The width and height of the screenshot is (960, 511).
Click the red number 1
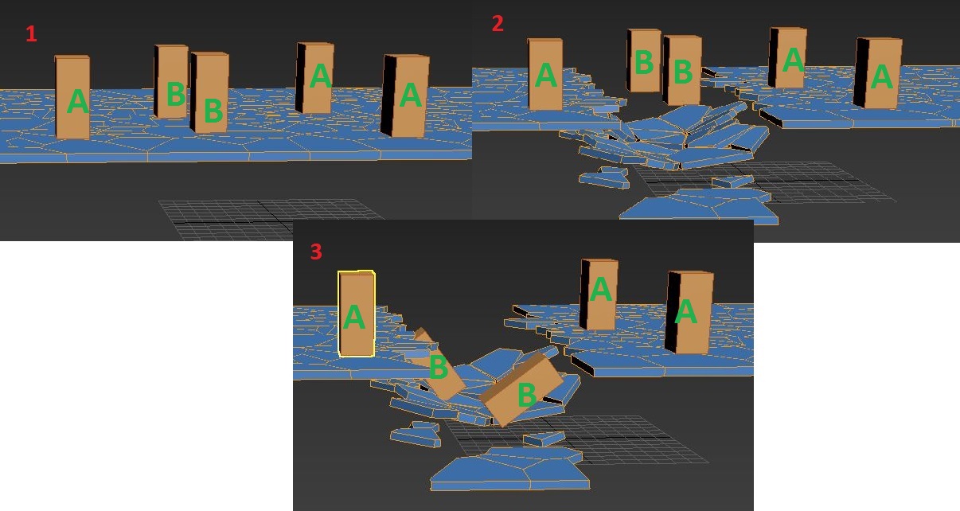coord(31,34)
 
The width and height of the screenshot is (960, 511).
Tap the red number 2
coord(498,24)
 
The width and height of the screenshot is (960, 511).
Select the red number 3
coord(316,252)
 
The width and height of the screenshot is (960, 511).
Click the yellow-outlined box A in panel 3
coord(356,314)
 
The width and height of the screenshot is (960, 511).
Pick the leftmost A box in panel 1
coord(72,97)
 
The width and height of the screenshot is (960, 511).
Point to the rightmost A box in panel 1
coord(405,96)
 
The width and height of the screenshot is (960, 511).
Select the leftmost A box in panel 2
coord(545,74)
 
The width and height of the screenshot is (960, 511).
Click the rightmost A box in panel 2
coord(878,73)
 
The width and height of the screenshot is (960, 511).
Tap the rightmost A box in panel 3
coord(689,313)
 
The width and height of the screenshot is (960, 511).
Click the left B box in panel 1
coord(171,81)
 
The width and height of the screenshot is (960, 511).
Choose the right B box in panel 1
coord(209,92)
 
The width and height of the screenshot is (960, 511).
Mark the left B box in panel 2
coord(643,60)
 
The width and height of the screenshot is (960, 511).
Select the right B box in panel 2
coord(682,70)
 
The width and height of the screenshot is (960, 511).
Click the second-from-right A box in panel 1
coord(314,77)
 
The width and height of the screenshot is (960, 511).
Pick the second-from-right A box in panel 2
coord(788,57)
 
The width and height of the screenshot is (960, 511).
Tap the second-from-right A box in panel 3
coord(599,294)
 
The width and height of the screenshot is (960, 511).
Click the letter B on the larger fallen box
coord(527,394)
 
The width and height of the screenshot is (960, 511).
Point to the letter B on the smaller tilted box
coord(439,367)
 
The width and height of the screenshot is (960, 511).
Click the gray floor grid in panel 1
coord(270,219)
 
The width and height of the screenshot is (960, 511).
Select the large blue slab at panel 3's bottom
coord(510,470)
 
